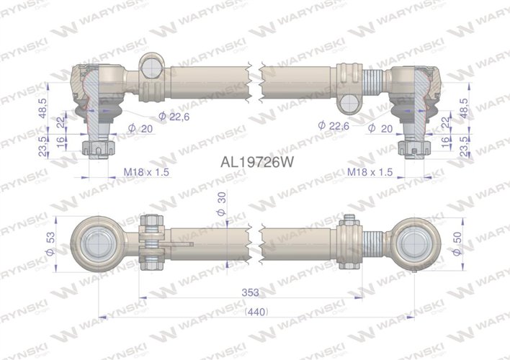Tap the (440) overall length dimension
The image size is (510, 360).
[256, 312]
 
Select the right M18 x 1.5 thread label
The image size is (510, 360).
[370, 172]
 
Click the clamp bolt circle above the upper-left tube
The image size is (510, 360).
[152, 66]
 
